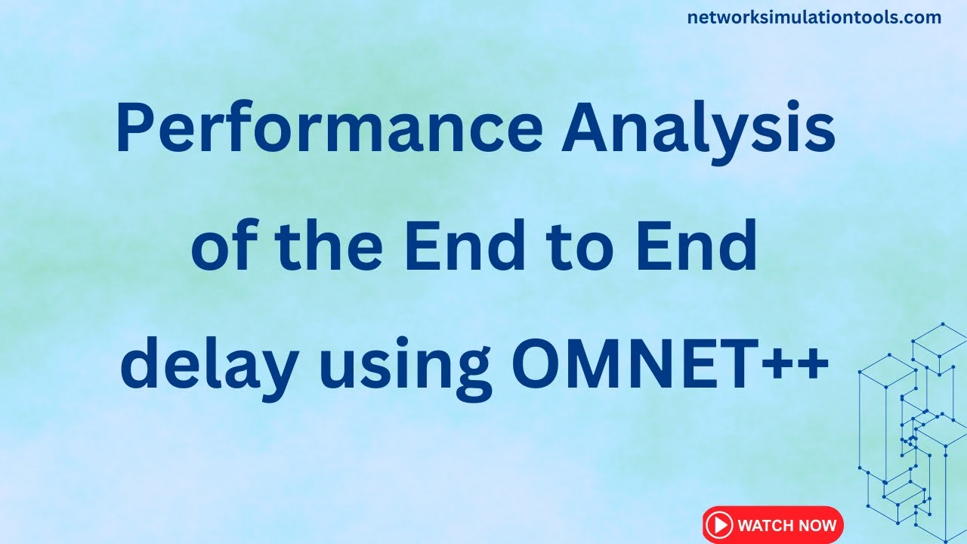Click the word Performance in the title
[x=329, y=131]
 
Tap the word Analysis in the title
[x=699, y=131]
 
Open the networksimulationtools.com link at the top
[x=814, y=17]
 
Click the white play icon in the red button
[x=720, y=525]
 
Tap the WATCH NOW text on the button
[x=786, y=525]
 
